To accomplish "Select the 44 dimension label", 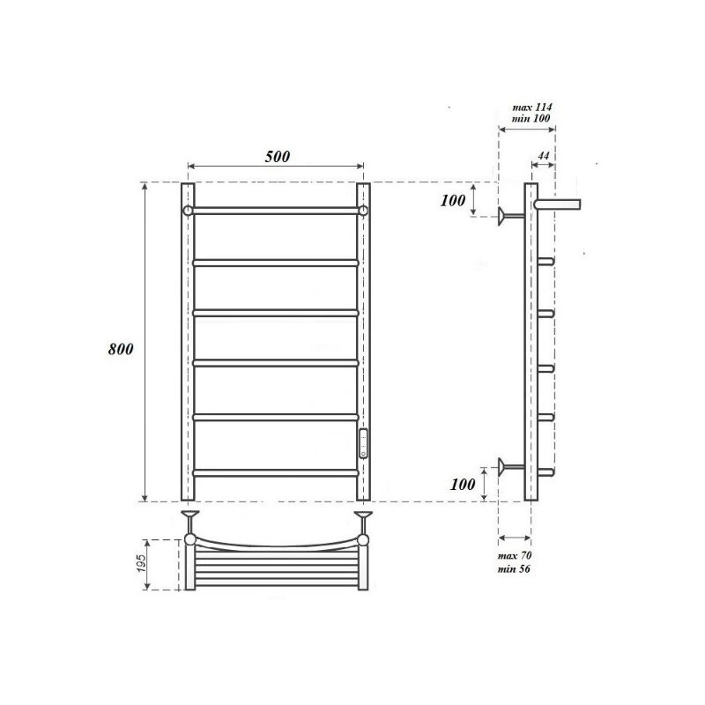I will tap(543, 156).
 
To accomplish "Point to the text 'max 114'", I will tap(531, 107).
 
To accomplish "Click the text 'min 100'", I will tap(531, 119).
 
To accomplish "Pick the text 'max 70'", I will tap(515, 556).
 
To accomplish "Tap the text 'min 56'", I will tap(515, 569).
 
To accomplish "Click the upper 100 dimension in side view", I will tap(452, 200).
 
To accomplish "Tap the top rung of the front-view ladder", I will tap(275, 211).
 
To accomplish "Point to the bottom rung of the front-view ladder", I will tap(275, 473).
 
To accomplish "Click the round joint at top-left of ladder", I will tap(188, 211).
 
